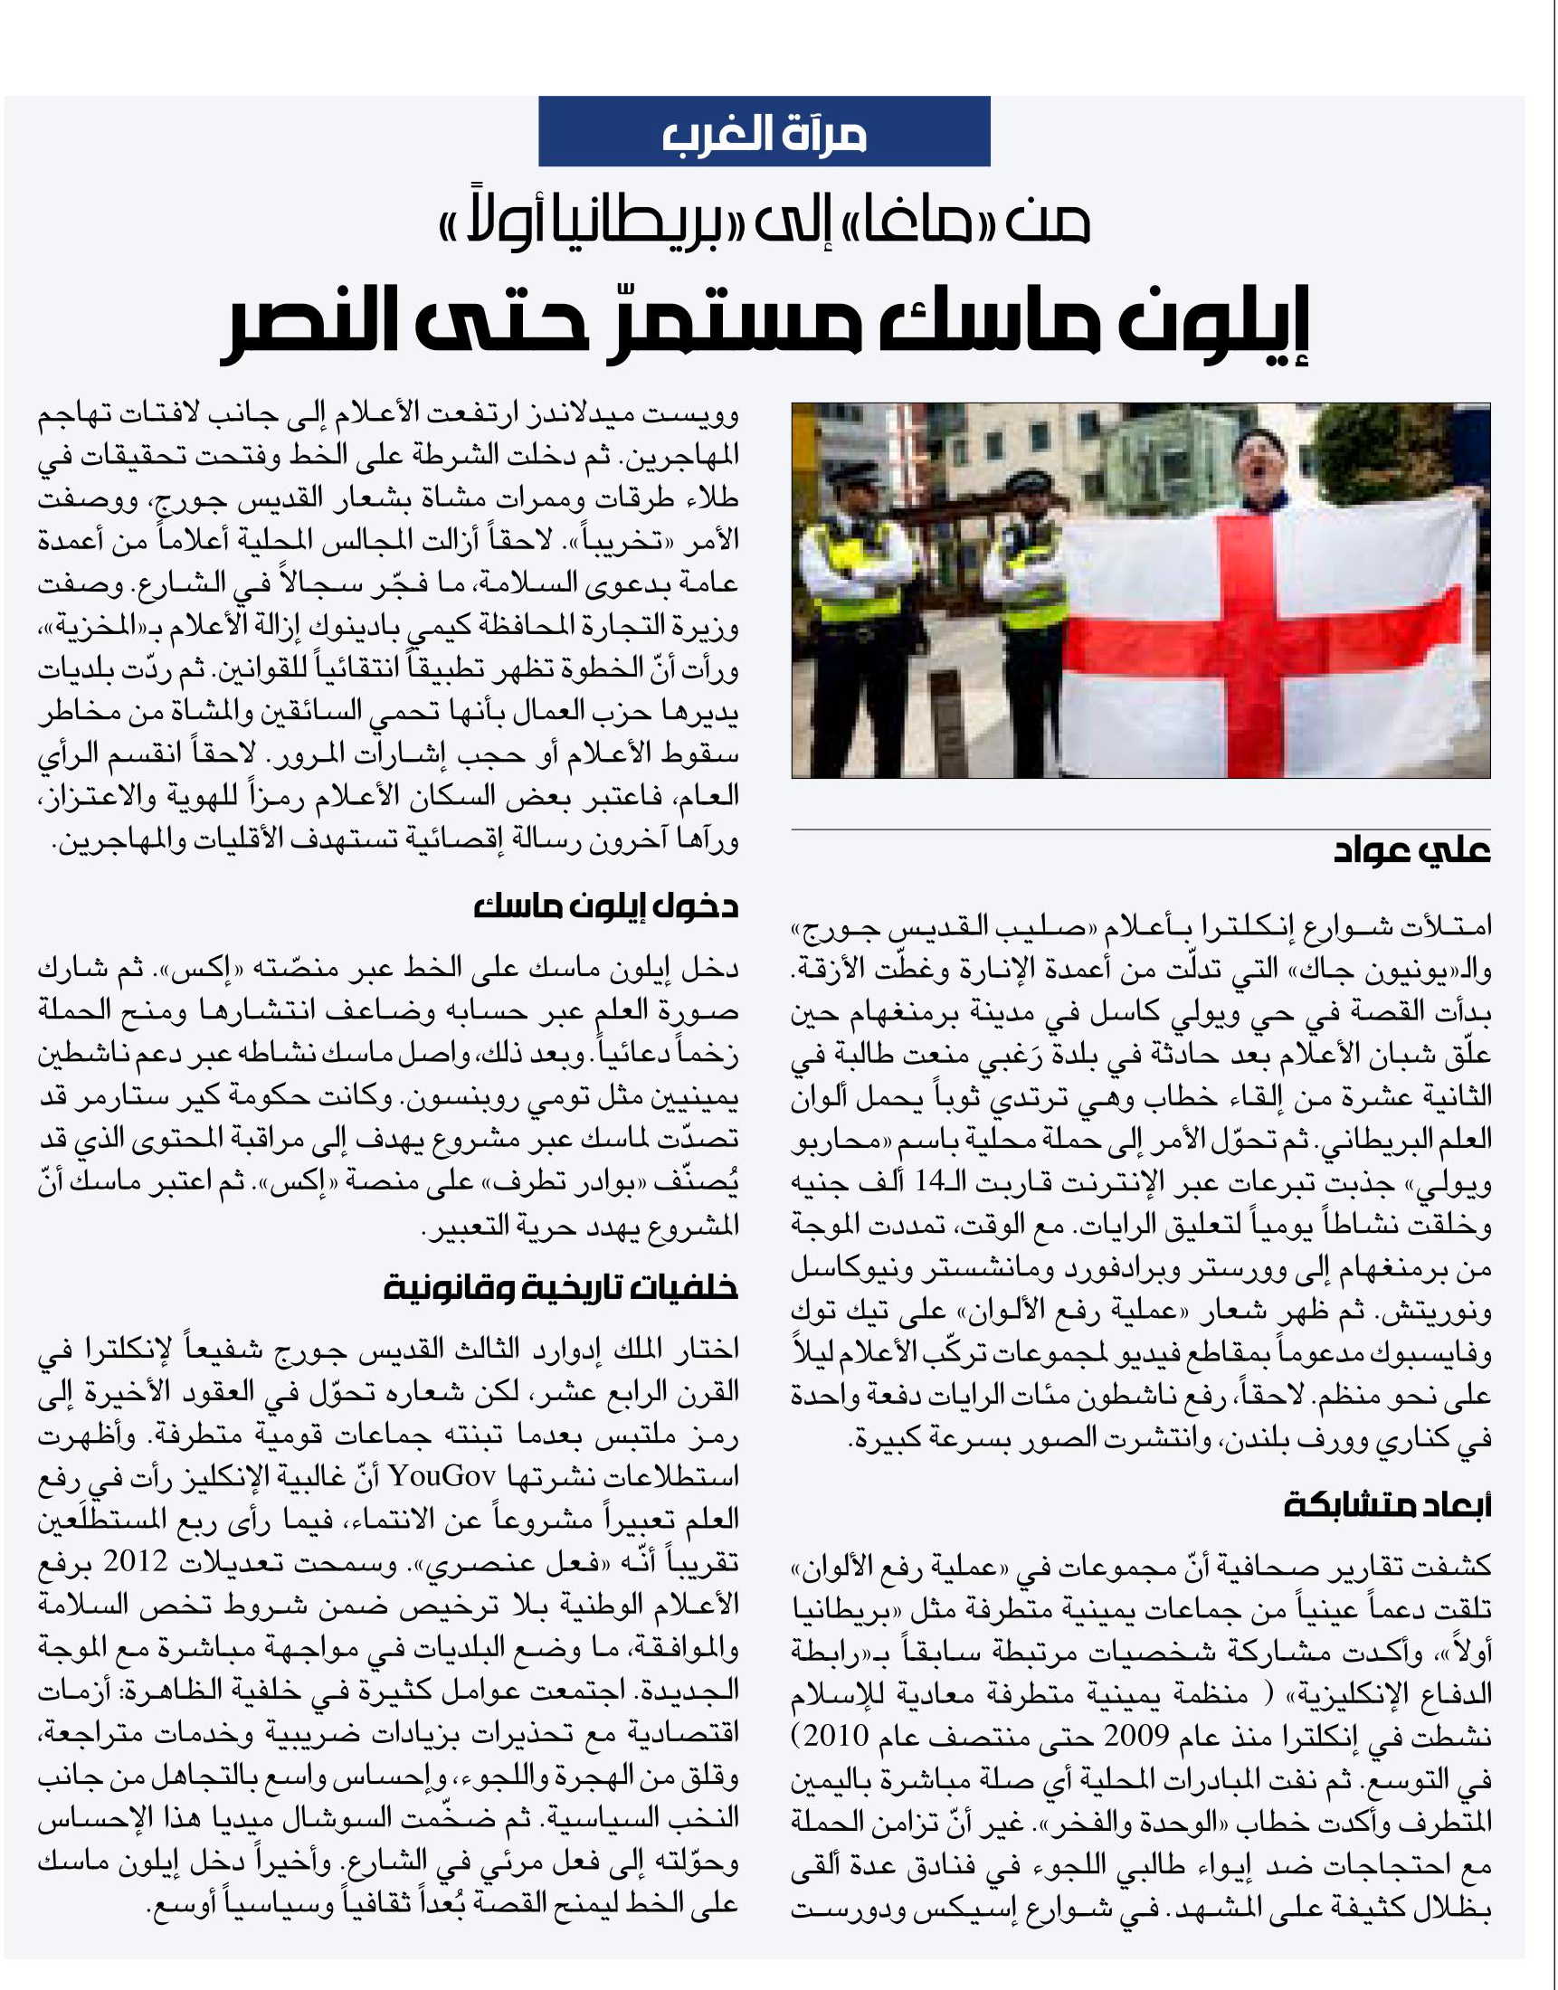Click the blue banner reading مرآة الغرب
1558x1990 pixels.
[x=764, y=131]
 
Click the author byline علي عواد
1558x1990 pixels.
[x=1411, y=851]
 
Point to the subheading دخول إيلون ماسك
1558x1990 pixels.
[x=605, y=907]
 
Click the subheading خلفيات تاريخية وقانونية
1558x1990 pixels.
[x=560, y=1287]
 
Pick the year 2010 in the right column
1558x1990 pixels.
[x=839, y=1735]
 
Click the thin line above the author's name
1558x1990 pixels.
[x=1140, y=830]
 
